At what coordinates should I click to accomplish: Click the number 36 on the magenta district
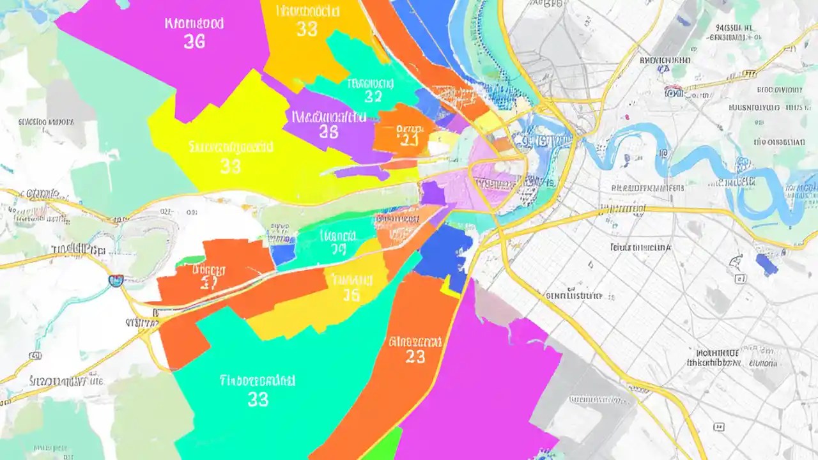point(194,42)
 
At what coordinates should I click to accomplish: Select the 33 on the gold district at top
point(307,29)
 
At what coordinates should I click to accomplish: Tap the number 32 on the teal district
point(373,97)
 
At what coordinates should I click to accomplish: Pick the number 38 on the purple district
point(328,132)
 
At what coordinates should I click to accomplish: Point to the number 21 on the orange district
point(408,141)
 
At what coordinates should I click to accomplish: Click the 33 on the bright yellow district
point(230,166)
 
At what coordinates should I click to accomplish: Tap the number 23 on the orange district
point(415,356)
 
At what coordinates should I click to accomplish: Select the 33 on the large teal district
point(258,399)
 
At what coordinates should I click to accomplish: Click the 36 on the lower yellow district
point(351,295)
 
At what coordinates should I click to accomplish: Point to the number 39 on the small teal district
point(338,250)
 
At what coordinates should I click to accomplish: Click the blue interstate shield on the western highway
point(116,280)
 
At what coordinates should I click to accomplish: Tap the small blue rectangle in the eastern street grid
point(766,264)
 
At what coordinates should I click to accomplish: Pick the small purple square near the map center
point(432,193)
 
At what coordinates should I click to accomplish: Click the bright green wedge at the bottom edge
point(384,445)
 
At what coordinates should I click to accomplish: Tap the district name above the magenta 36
point(194,24)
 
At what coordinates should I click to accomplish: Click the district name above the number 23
point(415,341)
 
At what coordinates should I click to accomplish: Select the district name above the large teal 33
point(258,381)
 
